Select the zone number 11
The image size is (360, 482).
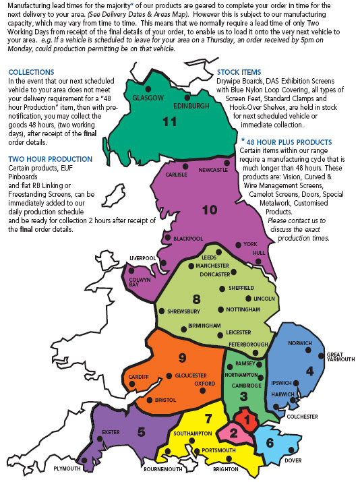click(x=171, y=122)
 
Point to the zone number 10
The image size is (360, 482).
click(x=209, y=210)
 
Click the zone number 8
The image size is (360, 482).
click(x=196, y=298)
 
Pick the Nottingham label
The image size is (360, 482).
click(x=243, y=309)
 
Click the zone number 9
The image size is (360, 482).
click(x=181, y=357)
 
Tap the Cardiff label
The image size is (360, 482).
click(x=138, y=376)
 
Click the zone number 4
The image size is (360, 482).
click(x=309, y=370)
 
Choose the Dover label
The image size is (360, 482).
click(x=294, y=460)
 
